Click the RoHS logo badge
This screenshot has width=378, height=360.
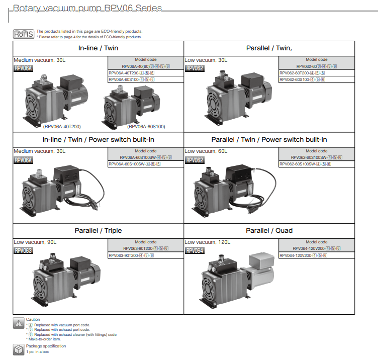tap(23, 34)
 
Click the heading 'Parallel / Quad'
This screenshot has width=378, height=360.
tap(269, 231)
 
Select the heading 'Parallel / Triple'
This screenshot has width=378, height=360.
tap(98, 231)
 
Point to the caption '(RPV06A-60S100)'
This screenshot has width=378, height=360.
tap(146, 127)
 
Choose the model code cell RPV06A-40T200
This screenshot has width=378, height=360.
tap(131, 73)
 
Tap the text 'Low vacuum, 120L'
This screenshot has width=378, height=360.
tap(208, 242)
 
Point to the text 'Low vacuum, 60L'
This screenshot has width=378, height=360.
tap(206, 151)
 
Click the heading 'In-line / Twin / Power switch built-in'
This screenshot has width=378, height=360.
tap(98, 140)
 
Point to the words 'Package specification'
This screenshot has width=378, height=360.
tap(46, 346)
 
